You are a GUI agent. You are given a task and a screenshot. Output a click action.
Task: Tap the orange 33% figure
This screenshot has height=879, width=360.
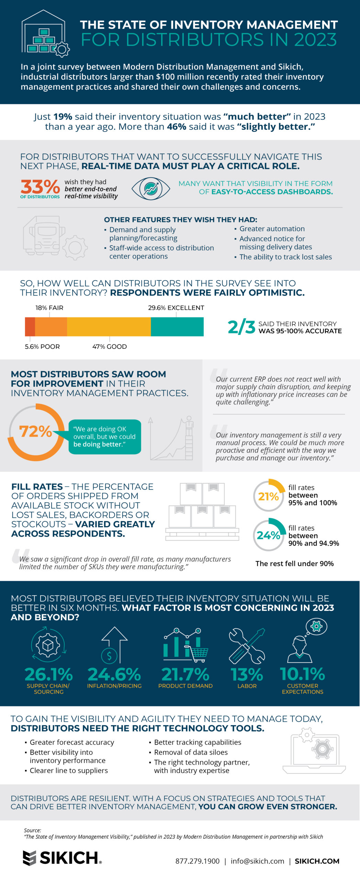pos(40,187)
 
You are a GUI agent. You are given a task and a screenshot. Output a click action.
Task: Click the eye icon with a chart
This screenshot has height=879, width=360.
pos(150,189)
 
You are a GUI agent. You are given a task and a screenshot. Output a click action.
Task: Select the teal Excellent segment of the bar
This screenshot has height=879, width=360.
pos(177,327)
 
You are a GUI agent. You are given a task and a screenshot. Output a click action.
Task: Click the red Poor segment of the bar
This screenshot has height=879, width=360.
pos(30,327)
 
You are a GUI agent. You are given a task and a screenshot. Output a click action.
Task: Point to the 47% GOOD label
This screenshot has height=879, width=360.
pos(109,346)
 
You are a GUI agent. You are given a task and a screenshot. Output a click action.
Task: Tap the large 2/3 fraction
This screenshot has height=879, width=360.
pos(241,327)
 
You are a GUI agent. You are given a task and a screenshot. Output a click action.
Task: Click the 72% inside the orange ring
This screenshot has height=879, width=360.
pos(35,432)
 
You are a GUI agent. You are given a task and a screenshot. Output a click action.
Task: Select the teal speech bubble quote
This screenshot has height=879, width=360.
pos(104,436)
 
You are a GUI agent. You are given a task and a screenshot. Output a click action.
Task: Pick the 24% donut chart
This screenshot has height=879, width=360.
pos(269,535)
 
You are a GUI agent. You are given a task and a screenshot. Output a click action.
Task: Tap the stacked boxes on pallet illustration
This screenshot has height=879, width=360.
pos(202,511)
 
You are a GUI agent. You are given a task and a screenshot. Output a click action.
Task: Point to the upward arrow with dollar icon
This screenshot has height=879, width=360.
pos(114,645)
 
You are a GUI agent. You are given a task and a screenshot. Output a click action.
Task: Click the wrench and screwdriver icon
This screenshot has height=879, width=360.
pos(247,645)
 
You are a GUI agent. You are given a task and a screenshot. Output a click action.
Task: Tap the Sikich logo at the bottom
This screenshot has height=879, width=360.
pos(62,858)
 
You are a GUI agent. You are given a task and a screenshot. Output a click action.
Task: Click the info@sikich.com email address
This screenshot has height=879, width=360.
pos(257,861)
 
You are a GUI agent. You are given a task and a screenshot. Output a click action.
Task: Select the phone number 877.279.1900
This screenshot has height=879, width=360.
pos(197,861)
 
